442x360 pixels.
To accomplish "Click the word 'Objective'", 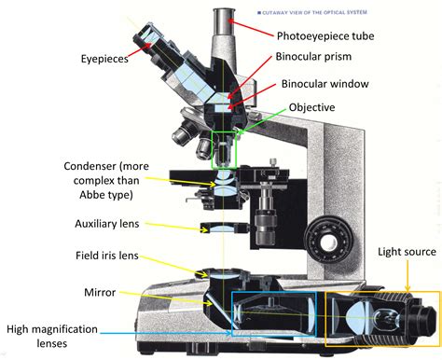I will [x=314, y=107].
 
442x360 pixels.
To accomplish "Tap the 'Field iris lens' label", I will [x=107, y=255].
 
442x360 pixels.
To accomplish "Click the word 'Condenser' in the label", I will [x=91, y=167].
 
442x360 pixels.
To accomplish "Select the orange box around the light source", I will [x=382, y=308].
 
